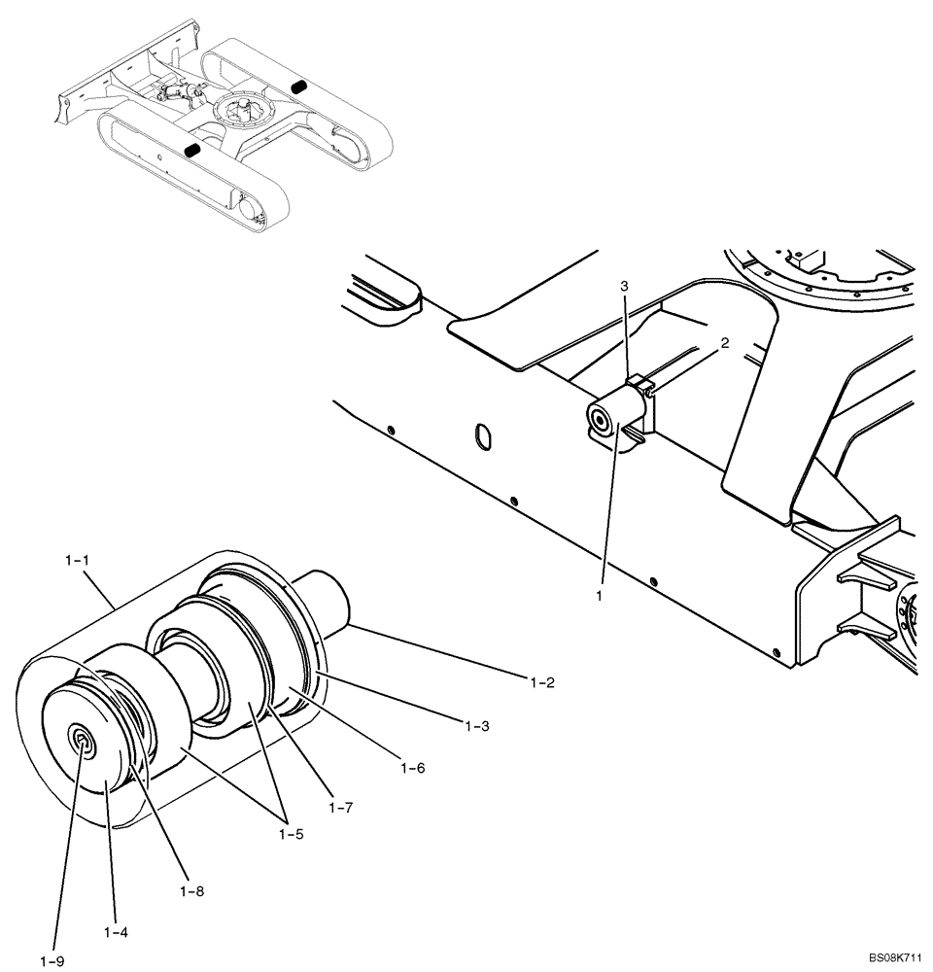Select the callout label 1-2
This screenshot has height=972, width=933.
[541, 682]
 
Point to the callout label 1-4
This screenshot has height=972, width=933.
[117, 931]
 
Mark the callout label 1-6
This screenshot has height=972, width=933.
[413, 767]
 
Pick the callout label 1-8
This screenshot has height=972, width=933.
[191, 889]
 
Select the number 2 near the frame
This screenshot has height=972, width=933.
[724, 343]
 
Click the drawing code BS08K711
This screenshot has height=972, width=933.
[896, 957]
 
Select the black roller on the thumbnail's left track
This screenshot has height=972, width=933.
[192, 151]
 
